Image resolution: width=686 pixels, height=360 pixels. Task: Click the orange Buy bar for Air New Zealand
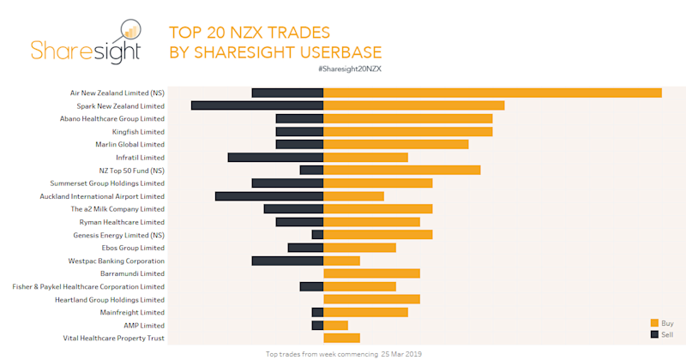(x=492, y=93)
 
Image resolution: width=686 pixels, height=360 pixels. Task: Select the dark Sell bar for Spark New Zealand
(x=257, y=105)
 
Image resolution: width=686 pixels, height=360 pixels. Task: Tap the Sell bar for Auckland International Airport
(x=269, y=196)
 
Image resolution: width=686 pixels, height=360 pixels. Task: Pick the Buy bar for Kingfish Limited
(x=407, y=132)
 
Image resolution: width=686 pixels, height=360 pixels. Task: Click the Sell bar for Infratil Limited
(x=275, y=158)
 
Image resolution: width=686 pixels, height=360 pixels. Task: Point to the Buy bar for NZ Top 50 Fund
(x=401, y=171)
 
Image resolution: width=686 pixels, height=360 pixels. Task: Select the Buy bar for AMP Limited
(x=335, y=326)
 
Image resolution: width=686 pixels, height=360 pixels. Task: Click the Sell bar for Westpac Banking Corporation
(x=287, y=261)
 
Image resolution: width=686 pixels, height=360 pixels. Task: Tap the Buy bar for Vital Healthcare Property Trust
(x=341, y=339)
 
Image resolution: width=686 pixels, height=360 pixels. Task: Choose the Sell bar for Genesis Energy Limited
(x=317, y=235)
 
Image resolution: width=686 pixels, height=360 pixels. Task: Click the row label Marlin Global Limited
(x=129, y=145)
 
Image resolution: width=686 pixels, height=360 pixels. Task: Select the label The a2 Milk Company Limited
(x=117, y=209)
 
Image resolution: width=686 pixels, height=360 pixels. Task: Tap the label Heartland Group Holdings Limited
(x=110, y=300)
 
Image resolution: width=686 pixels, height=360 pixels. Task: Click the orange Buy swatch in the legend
(x=654, y=323)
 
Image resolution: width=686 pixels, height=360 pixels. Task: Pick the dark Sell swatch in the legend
(x=654, y=334)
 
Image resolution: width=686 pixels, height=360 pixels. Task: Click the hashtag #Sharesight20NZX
(x=349, y=68)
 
